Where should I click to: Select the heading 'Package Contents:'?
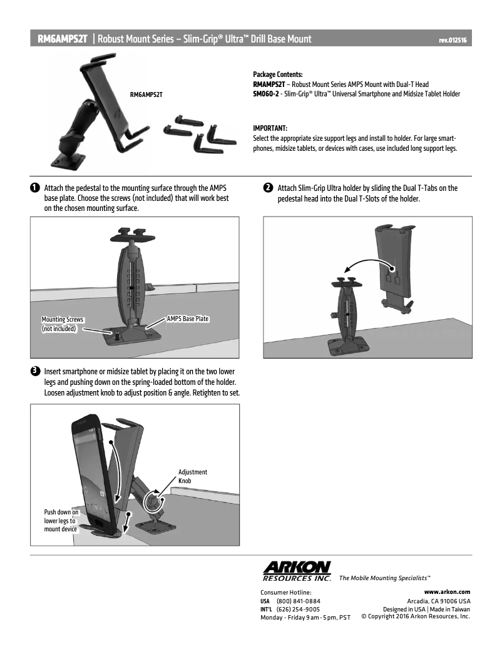pyautogui.click(x=277, y=74)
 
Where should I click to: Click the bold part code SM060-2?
pyautogui.click(x=265, y=94)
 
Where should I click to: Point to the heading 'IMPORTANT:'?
pyautogui.click(x=270, y=128)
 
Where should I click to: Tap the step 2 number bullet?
pyautogui.click(x=267, y=188)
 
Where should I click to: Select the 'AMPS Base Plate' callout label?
pyautogui.click(x=187, y=319)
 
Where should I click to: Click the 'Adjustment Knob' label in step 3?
pyautogui.click(x=192, y=476)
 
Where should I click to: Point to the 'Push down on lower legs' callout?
pyautogui.click(x=61, y=520)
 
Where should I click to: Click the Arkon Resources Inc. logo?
pyautogui.click(x=297, y=570)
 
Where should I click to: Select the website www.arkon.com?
pyautogui.click(x=447, y=591)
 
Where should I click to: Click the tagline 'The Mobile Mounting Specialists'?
pyautogui.click(x=384, y=578)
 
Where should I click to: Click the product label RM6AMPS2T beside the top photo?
pyautogui.click(x=146, y=95)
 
